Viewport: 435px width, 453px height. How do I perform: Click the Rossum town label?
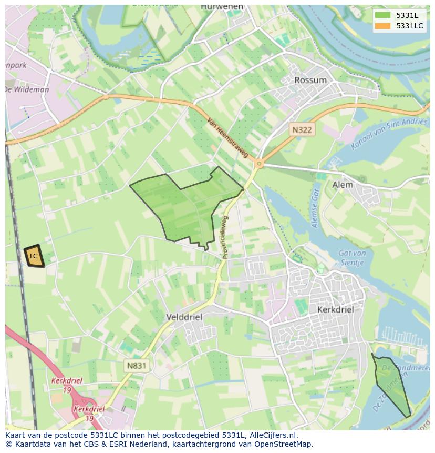click(x=310, y=80)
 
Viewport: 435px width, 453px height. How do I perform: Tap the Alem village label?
click(x=343, y=185)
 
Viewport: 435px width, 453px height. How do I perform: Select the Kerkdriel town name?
click(x=335, y=310)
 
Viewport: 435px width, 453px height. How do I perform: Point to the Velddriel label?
click(x=183, y=317)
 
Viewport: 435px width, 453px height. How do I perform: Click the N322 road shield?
click(x=303, y=129)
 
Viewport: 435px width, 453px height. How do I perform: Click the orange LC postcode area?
click(x=34, y=256)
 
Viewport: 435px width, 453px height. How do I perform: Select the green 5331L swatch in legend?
click(x=382, y=15)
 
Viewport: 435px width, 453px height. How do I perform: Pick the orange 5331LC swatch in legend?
click(x=382, y=26)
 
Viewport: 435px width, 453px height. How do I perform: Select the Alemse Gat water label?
click(x=316, y=208)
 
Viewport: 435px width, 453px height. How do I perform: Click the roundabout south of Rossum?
click(x=258, y=164)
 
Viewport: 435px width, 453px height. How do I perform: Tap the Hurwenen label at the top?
click(x=222, y=7)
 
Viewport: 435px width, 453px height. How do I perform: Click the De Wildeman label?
click(x=27, y=89)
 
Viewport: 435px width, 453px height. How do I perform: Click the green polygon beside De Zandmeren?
click(x=391, y=384)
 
